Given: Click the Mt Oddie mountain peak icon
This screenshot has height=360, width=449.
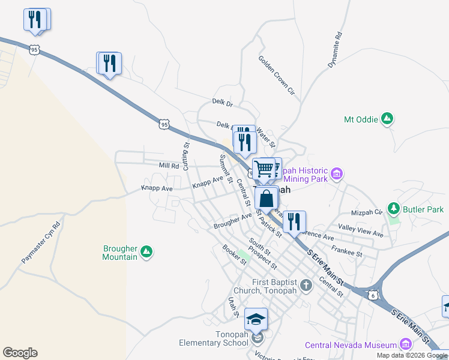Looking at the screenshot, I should pos(388,119).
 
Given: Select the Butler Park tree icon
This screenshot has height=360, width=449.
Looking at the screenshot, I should pos(394,209).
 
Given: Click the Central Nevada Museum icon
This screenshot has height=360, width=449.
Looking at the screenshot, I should pos(405,344).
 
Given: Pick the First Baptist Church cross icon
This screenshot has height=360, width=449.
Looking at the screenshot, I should pos(306,284).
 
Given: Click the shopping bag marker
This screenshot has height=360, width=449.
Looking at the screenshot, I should pos(266,197).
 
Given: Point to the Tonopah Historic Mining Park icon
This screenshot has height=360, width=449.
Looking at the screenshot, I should pos(337,174).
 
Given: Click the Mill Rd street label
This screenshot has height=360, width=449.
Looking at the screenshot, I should pos(169,165).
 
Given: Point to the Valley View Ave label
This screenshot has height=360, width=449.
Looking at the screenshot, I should pos(360,230).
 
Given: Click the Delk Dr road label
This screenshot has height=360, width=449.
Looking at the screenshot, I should pos(222,103).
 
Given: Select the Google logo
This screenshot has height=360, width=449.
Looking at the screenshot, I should pos(20,353).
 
